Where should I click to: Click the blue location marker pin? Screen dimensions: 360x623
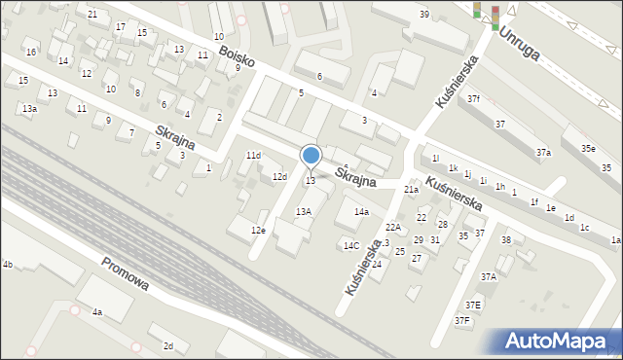(x=311, y=157)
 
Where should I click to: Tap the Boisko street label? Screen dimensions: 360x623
(x=237, y=57)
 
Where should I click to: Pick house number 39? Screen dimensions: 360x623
(x=424, y=14)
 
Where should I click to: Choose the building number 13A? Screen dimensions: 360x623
(x=304, y=211)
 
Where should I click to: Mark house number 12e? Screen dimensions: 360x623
(x=258, y=230)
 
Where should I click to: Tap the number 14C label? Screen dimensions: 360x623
(x=350, y=245)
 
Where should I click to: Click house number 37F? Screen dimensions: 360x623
(x=462, y=320)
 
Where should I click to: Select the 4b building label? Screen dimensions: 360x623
(x=7, y=264)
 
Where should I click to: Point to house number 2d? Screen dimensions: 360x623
(x=168, y=346)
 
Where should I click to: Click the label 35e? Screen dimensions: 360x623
(x=589, y=148)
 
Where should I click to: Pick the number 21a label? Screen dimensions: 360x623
(x=412, y=190)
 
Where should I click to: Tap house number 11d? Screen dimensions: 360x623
(x=253, y=156)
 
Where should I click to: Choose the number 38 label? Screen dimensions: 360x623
(x=506, y=239)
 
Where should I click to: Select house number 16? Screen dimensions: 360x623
(x=31, y=52)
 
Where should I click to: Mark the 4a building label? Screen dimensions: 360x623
(x=97, y=312)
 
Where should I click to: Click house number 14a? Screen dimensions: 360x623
(x=361, y=211)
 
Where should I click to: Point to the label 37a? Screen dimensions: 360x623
(x=543, y=153)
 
